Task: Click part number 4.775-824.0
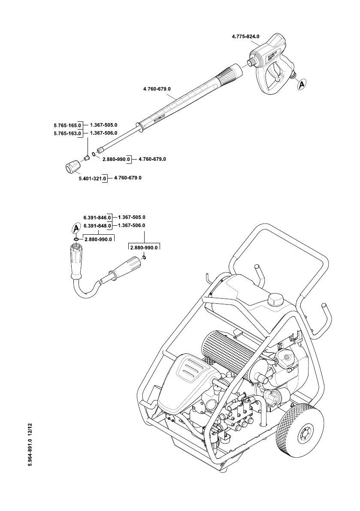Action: [245, 36]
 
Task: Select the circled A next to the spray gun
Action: [302, 85]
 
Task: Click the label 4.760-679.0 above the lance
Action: [157, 89]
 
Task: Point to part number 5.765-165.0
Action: [67, 125]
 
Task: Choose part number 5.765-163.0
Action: [67, 133]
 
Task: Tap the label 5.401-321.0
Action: [93, 178]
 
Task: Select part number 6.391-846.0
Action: [97, 218]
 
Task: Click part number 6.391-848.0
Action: [97, 226]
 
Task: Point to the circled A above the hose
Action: [76, 227]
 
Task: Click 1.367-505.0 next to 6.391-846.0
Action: [132, 218]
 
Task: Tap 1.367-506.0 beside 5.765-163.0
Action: [103, 133]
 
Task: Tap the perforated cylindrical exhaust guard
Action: [228, 355]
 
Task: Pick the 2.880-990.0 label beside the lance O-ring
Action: [116, 159]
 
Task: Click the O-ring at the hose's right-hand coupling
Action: [144, 258]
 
